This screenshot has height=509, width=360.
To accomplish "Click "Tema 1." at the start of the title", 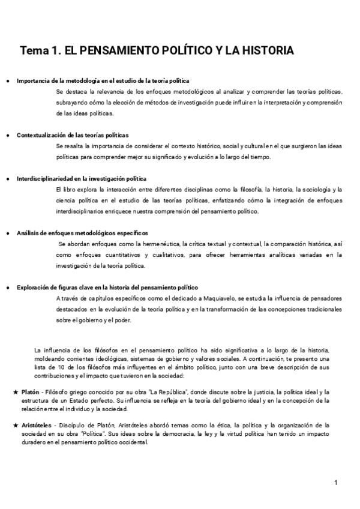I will [40, 51].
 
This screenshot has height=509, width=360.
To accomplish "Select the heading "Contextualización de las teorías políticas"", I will [73, 135].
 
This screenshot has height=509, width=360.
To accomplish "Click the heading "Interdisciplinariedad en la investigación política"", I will [82, 178].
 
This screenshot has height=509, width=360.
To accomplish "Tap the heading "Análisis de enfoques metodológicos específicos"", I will [82, 232].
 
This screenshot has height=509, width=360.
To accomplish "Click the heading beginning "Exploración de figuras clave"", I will [107, 287].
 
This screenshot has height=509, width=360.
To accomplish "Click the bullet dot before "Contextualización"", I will [7, 136].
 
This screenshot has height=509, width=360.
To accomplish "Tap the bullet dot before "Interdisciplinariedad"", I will [7, 179].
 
